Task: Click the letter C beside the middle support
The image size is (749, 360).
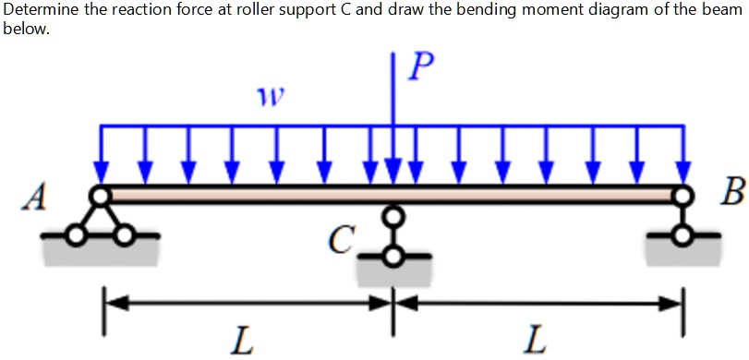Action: click(342, 242)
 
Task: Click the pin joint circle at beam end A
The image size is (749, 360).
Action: click(100, 194)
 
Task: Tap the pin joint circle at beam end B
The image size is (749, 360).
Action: click(683, 194)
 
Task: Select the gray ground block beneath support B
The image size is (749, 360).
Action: click(683, 251)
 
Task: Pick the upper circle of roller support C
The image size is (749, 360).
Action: click(393, 216)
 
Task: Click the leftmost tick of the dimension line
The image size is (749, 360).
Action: click(103, 300)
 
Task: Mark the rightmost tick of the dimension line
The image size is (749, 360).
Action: click(683, 300)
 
